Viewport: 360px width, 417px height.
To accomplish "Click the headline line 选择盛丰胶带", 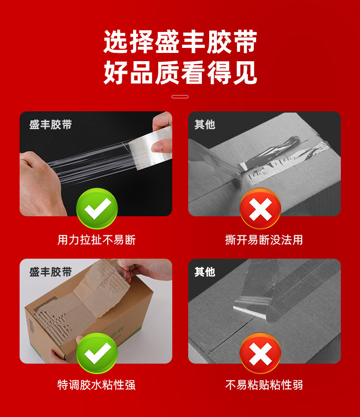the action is coord(180,42).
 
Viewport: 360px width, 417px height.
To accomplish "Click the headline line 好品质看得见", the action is coord(180,73).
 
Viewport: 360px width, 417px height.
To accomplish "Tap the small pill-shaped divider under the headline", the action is coord(180,97).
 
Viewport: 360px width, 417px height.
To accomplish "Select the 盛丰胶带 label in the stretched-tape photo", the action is coord(51,125).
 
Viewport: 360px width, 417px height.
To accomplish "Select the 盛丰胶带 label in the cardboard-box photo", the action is coord(51,272).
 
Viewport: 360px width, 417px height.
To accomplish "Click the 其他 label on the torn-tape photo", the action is coord(205,125).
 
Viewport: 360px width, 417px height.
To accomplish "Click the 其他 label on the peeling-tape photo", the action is coord(205,272).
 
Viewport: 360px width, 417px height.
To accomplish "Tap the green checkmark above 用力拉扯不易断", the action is coord(97,208).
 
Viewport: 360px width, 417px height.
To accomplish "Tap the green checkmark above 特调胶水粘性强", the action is coord(97,353).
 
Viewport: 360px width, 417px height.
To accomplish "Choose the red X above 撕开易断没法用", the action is coord(260,208).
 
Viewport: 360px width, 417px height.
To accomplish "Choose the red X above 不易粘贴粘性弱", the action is coord(260,353).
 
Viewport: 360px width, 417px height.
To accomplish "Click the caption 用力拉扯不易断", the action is coord(97,240).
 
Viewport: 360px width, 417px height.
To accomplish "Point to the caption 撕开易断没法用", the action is coord(264,240).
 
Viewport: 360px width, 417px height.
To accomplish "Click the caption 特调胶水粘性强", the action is coord(97,385).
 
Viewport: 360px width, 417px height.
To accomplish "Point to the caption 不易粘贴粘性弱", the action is coord(264,385).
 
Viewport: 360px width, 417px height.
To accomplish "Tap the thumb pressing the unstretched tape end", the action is coord(161,146).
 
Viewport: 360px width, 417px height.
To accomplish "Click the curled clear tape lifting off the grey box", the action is coord(252,306).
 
